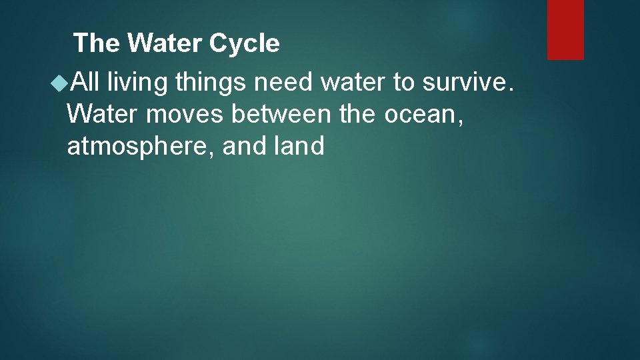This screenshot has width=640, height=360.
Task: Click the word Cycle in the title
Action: tap(244, 44)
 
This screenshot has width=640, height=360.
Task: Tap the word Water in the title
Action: tap(166, 44)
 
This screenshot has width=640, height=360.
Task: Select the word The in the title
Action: tap(98, 44)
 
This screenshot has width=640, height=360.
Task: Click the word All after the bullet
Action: tap(85, 82)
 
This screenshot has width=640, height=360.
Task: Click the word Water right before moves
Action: tap(103, 114)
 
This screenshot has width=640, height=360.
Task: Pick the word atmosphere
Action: tap(141, 146)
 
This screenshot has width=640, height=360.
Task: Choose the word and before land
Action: tap(243, 146)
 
